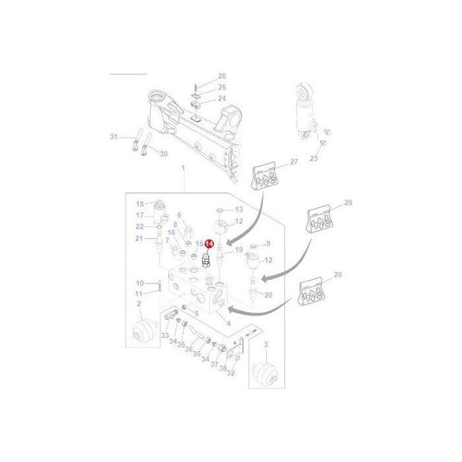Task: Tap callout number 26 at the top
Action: pos(221,76)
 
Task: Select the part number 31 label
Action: pos(113,137)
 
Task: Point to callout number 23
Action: pos(314,159)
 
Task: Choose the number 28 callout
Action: pos(348,202)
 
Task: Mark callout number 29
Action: pos(337,274)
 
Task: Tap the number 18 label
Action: pos(139,204)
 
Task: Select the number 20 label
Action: pos(139,283)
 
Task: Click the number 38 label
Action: pos(222,367)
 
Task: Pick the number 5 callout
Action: pos(196,313)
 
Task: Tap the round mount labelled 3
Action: pos(267,377)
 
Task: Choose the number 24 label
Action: pos(221,99)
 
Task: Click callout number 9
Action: pos(268,244)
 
